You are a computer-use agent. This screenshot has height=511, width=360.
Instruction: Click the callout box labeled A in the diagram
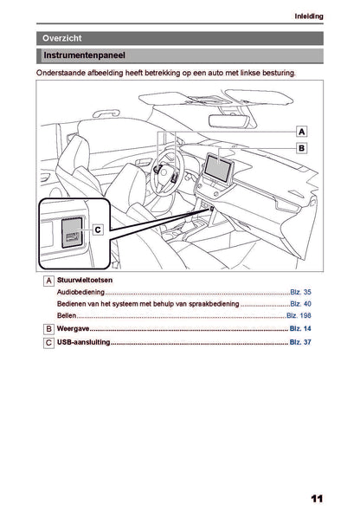(x=302, y=132)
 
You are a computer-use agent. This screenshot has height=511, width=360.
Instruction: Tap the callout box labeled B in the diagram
(x=302, y=148)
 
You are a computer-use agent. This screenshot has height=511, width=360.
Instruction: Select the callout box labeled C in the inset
(x=98, y=230)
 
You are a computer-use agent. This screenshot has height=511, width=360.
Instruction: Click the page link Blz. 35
(x=300, y=292)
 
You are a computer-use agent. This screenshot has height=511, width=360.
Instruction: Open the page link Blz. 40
(x=300, y=304)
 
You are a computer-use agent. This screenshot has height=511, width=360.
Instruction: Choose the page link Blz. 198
(x=299, y=315)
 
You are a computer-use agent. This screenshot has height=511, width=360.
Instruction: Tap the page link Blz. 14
(x=300, y=328)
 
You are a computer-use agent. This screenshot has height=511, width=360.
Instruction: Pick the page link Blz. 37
(x=300, y=342)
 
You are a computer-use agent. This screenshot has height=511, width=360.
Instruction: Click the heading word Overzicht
(x=61, y=38)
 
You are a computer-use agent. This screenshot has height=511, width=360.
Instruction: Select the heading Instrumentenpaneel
(x=84, y=55)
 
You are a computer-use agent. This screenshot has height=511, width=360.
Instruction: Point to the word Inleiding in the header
(x=309, y=16)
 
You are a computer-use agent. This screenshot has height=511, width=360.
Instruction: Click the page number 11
(x=317, y=499)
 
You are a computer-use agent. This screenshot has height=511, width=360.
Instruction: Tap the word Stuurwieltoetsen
(x=85, y=280)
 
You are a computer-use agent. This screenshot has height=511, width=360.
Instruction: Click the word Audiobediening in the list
(x=80, y=292)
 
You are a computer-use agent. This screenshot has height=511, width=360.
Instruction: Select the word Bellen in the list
(x=67, y=315)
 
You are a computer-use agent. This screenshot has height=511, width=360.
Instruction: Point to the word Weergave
(x=73, y=328)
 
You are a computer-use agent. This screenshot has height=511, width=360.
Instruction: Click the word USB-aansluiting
(x=83, y=342)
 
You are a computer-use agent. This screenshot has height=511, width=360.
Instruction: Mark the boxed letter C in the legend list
(x=48, y=343)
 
